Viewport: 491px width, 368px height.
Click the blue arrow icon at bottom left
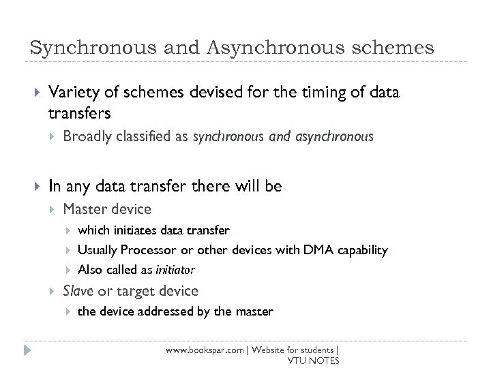click(27, 352)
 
